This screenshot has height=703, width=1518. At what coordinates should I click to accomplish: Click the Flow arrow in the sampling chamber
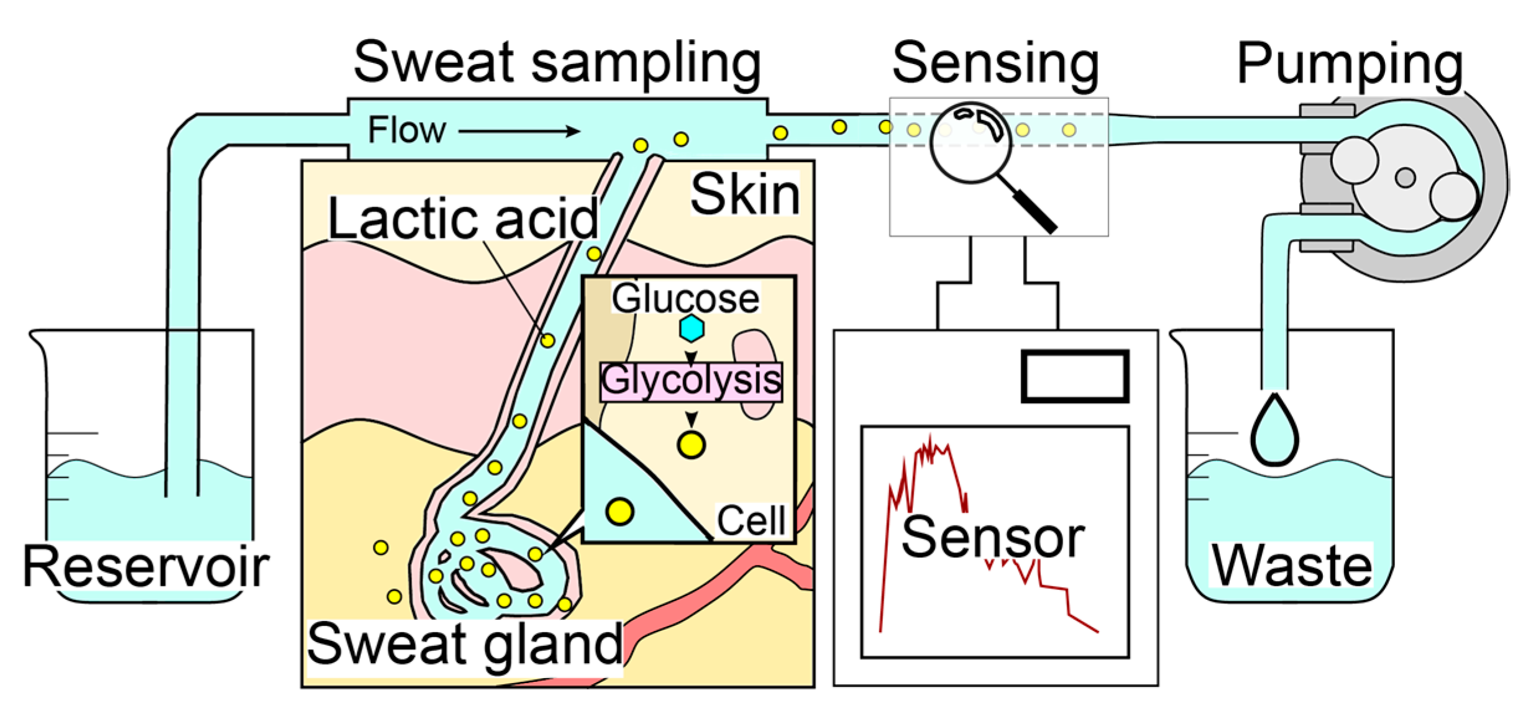coord(519,131)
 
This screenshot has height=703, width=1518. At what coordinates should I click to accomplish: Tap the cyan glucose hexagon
coord(691,329)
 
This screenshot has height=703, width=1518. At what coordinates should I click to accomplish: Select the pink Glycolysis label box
coord(691,381)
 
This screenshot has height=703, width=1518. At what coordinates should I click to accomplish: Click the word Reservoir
coord(146,567)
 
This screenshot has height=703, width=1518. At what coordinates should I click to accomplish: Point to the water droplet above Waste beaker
coord(1274,431)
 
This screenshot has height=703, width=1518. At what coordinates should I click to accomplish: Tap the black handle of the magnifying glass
coord(1036,212)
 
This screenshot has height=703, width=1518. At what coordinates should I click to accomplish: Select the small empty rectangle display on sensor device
coord(1074,376)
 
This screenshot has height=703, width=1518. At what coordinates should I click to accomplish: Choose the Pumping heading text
coord(1350,64)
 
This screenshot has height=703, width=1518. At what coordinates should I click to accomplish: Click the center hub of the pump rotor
coord(1405,178)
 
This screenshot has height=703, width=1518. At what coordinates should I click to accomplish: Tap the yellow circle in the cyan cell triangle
coord(620,512)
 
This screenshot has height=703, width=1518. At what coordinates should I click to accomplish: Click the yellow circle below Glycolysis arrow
coord(691,445)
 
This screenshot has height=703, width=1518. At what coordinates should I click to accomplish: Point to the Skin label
coord(744,194)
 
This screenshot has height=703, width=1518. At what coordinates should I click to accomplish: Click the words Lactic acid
coord(463,219)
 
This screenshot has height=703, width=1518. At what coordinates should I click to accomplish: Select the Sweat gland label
coord(464,645)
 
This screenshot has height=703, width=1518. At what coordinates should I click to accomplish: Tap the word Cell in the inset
coord(751,520)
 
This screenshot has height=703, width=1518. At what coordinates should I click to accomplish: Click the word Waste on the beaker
coord(1291,566)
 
